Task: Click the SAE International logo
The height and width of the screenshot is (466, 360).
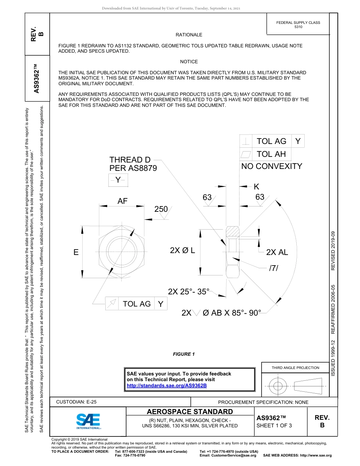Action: click(88, 421)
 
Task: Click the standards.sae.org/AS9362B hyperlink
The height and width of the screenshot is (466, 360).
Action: click(166, 385)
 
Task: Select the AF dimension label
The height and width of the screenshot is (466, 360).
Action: click(122, 201)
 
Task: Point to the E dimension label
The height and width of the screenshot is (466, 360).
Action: click(76, 252)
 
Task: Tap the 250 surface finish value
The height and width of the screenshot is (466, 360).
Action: click(161, 209)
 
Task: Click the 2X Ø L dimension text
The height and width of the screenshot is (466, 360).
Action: click(182, 250)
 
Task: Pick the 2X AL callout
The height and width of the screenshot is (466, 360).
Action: click(277, 252)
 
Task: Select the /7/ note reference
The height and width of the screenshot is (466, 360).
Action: click(273, 268)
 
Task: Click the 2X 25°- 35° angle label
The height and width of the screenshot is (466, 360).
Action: click(189, 291)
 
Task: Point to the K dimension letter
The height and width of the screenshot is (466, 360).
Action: click(257, 186)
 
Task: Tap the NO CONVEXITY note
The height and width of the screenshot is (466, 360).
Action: click(272, 166)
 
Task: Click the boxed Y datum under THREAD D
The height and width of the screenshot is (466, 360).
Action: click(118, 180)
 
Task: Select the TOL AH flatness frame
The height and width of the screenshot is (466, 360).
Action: click(265, 154)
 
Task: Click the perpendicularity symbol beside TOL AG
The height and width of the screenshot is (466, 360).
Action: click(247, 141)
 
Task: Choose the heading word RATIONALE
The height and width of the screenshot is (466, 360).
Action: click(189, 35)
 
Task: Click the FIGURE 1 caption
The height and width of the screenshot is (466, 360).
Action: click(183, 354)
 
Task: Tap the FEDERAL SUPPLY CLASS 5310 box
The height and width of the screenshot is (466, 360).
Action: click(298, 25)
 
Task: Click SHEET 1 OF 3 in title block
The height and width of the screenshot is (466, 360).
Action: click(274, 425)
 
